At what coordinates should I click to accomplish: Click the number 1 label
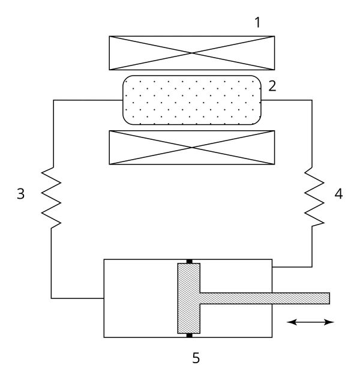pyautogui.click(x=257, y=23)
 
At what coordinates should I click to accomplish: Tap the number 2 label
pyautogui.click(x=272, y=86)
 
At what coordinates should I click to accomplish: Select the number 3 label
pyautogui.click(x=21, y=194)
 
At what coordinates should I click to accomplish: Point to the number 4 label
pyautogui.click(x=338, y=194)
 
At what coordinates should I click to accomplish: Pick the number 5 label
pyautogui.click(x=196, y=358)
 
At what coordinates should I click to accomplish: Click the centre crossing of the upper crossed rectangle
pyautogui.click(x=192, y=53)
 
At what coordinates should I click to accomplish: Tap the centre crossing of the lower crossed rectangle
pyautogui.click(x=192, y=147)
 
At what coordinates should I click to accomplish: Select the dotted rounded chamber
pyautogui.click(x=192, y=100)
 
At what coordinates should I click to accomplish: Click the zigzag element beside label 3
pyautogui.click(x=51, y=198)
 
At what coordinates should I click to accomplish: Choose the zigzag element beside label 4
pyautogui.click(x=314, y=197)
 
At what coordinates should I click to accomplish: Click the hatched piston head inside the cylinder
pyautogui.click(x=189, y=298)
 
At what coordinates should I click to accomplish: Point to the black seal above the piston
pyautogui.click(x=189, y=261)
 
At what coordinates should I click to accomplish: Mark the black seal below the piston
pyautogui.click(x=189, y=336)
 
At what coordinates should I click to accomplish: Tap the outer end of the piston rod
pyautogui.click(x=329, y=298)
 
